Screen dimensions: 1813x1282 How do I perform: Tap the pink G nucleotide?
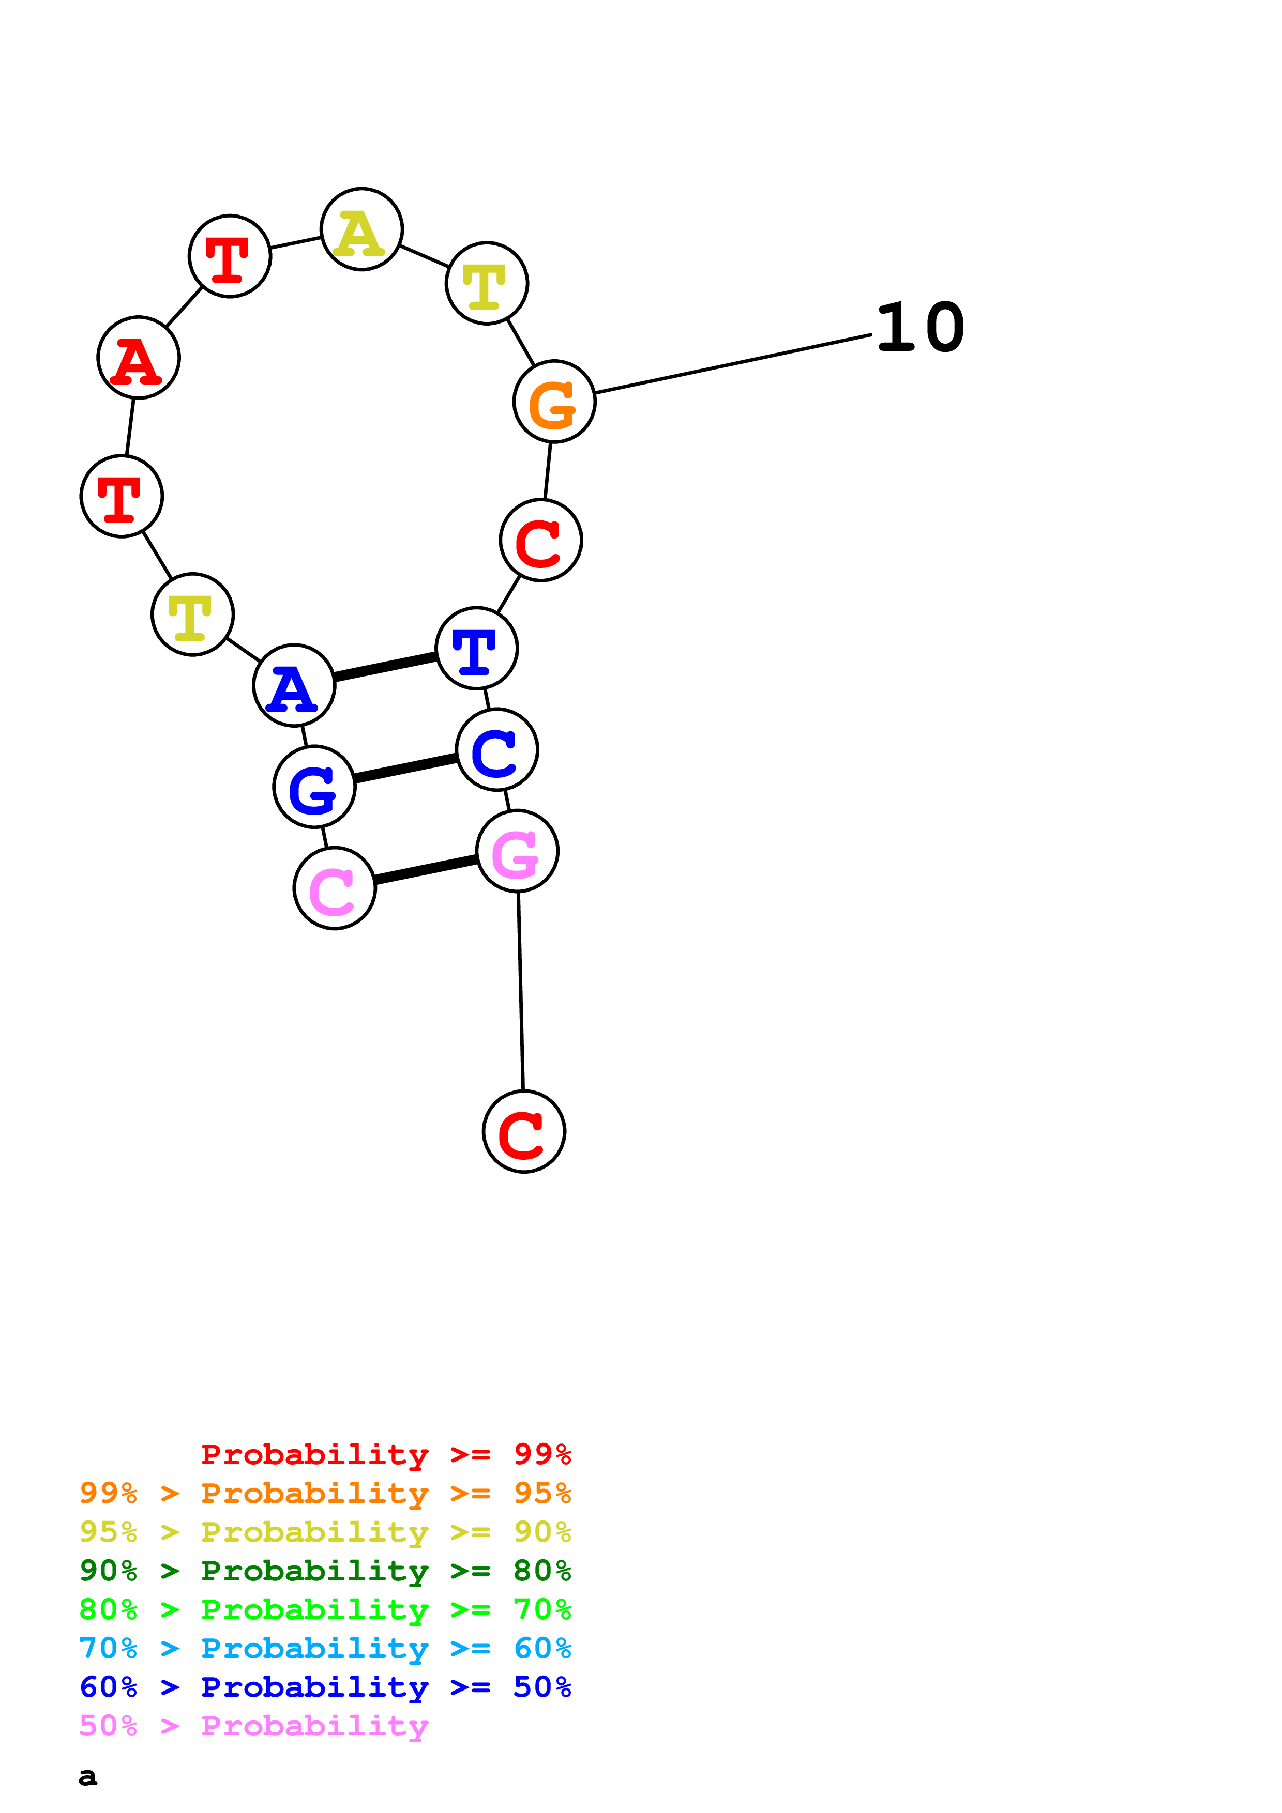pyautogui.click(x=517, y=851)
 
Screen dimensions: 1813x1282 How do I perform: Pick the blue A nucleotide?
pyautogui.click(x=294, y=685)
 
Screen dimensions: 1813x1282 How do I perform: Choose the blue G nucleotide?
pyautogui.click(x=314, y=787)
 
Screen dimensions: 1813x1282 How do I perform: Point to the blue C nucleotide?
pyautogui.click(x=497, y=749)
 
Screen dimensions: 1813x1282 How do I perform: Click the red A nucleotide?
pyautogui.click(x=138, y=358)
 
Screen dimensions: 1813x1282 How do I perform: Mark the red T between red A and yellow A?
pyautogui.click(x=230, y=256)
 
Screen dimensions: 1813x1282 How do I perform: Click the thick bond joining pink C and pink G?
pyautogui.click(x=426, y=869)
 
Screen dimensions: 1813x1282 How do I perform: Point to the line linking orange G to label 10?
pyautogui.click(x=733, y=364)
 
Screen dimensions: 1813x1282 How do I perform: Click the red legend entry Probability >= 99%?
pyautogui.click(x=385, y=1454)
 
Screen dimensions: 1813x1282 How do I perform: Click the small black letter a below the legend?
pyautogui.click(x=88, y=1777)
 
